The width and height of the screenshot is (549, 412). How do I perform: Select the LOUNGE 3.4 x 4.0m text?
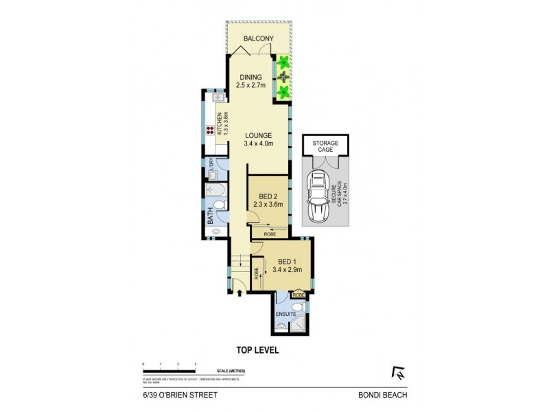259,139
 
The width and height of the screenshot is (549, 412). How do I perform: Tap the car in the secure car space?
318,196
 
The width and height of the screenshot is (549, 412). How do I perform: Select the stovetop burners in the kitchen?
210,130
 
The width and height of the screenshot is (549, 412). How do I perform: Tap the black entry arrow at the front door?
239,294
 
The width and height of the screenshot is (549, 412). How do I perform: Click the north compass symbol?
396,373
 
